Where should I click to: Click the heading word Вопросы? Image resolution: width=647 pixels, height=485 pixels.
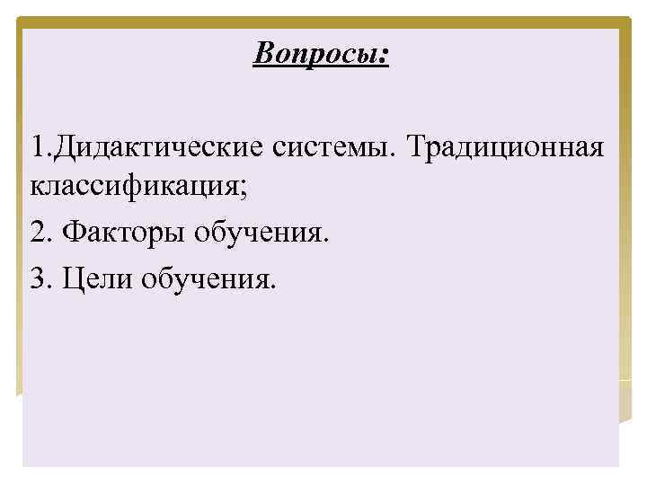click(318, 54)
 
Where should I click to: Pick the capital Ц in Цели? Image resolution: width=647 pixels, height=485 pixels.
click(68, 280)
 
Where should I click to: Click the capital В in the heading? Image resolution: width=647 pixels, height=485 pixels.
click(262, 53)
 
